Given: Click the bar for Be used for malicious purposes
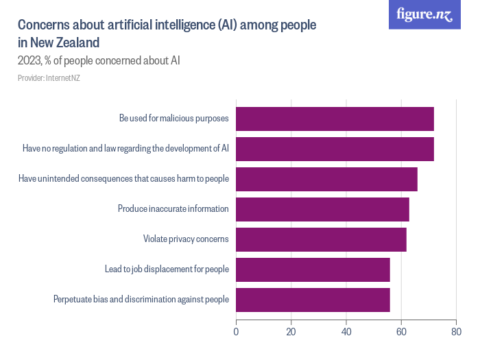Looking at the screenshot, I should [x=335, y=119].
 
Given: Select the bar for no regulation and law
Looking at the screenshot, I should [x=335, y=149].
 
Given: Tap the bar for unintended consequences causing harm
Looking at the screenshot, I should [x=326, y=179].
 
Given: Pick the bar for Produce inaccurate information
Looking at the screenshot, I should [x=322, y=209].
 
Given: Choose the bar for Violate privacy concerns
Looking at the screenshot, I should [x=321, y=239].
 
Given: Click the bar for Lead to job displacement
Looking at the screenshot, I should [x=313, y=269].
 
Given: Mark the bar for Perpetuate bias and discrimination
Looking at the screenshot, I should [x=313, y=300].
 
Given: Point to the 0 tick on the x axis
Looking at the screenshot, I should [x=236, y=333].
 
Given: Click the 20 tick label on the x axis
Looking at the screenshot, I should [x=291, y=333].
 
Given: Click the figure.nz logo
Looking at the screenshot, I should [x=424, y=15].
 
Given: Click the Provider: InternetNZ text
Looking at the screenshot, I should [x=49, y=79].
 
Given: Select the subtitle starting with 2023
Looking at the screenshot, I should [x=99, y=61].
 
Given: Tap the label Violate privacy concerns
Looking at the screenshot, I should [x=185, y=239].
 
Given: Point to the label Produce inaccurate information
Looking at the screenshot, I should [x=173, y=209].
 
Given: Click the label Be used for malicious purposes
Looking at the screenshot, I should [x=173, y=119].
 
